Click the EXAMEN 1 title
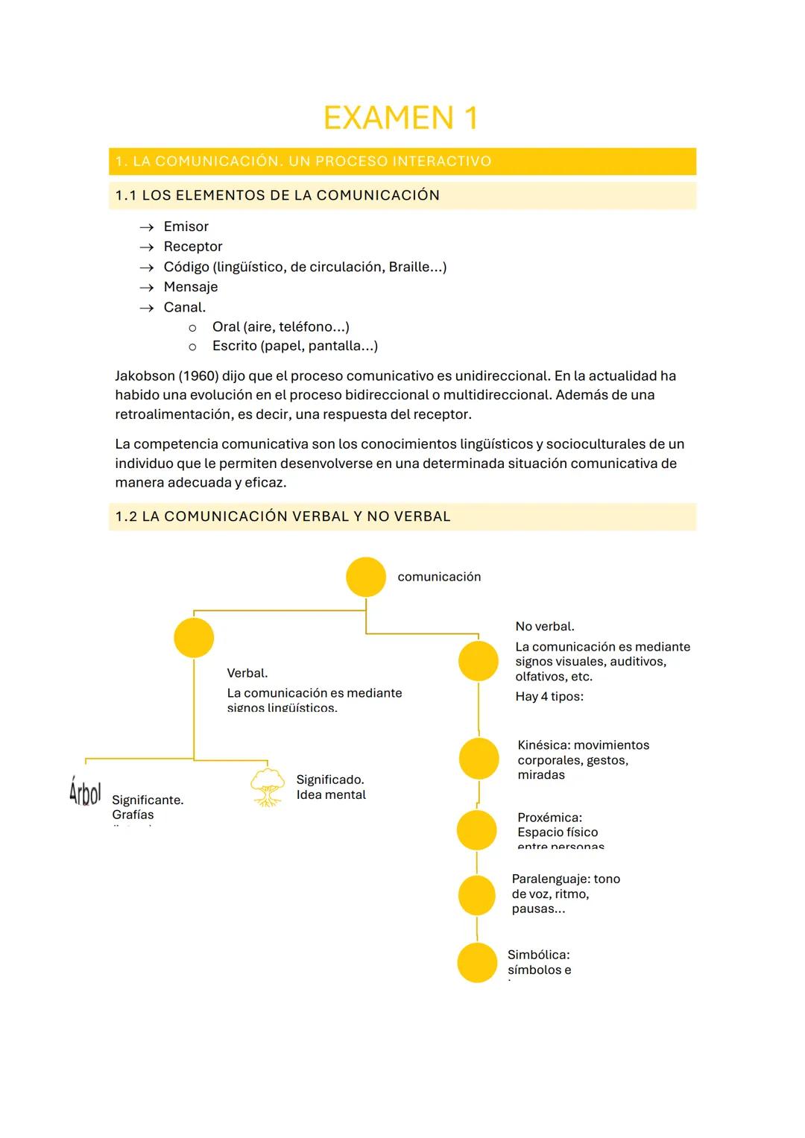pyautogui.click(x=401, y=118)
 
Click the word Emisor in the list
pyautogui.click(x=186, y=227)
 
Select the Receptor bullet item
pyautogui.click(x=192, y=247)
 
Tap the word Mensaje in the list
pyautogui.click(x=190, y=287)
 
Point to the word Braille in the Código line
pyautogui.click(x=411, y=267)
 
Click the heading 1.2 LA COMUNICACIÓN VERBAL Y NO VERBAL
pyautogui.click(x=282, y=516)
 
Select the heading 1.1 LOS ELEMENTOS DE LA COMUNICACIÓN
pyautogui.click(x=277, y=195)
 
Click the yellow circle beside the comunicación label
pyautogui.click(x=366, y=577)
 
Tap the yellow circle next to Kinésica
pyautogui.click(x=479, y=759)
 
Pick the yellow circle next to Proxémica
pyautogui.click(x=477, y=830)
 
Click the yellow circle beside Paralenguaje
pyautogui.click(x=477, y=895)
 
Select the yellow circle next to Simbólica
pyautogui.click(x=477, y=962)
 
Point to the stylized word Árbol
pyautogui.click(x=84, y=792)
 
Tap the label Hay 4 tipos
pyautogui.click(x=549, y=697)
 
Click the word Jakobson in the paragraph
pyautogui.click(x=144, y=376)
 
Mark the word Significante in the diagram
pyautogui.click(x=147, y=800)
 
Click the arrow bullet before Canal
pyautogui.click(x=147, y=308)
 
